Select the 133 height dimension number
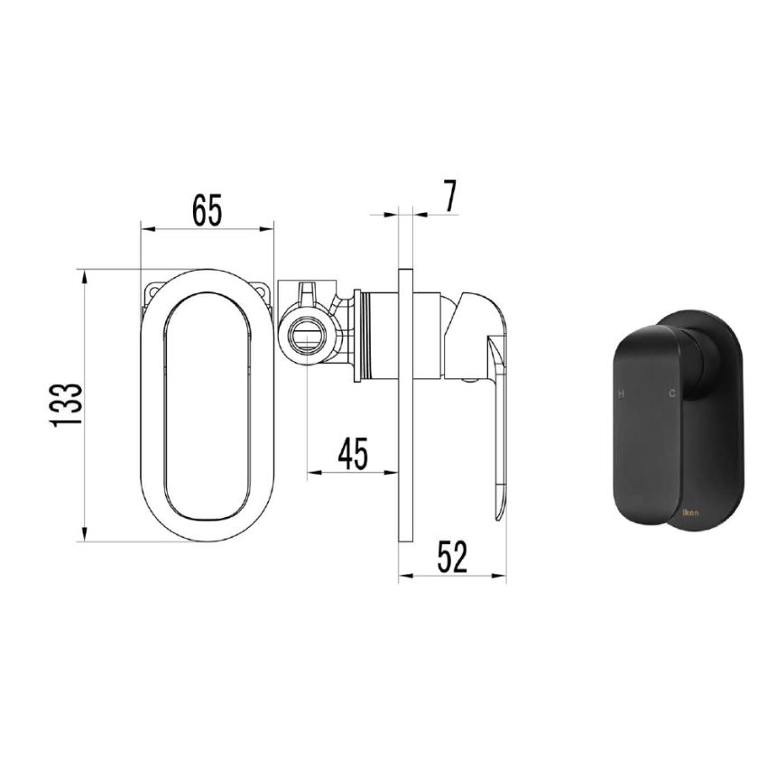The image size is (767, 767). (69, 403)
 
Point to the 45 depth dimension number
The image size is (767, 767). (353, 453)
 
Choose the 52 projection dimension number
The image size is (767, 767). (452, 557)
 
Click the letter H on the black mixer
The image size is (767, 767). (620, 394)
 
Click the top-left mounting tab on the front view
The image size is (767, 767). (152, 291)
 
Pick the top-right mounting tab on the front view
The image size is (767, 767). (263, 291)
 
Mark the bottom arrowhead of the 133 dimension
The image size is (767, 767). (85, 534)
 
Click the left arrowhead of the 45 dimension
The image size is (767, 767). (312, 471)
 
